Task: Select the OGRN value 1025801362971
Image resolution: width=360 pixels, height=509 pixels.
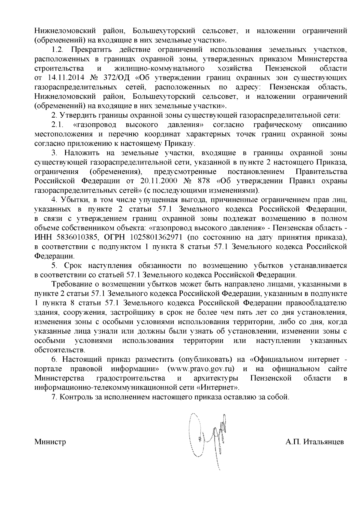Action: pyautogui.click(x=155, y=238)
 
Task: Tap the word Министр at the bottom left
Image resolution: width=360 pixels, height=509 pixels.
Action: pyautogui.click(x=50, y=442)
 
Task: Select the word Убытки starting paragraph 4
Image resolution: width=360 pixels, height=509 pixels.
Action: pyautogui.click(x=72, y=200)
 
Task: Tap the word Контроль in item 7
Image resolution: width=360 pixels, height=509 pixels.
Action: pyautogui.click(x=73, y=397)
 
